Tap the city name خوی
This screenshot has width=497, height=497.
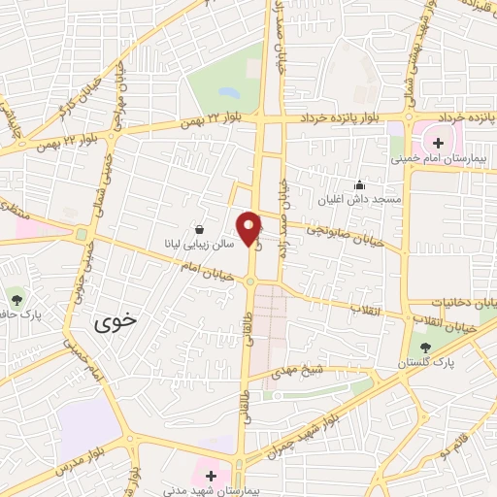(x=116, y=326)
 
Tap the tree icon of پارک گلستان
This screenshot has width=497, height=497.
(x=425, y=347)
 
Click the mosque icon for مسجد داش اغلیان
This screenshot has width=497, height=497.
(x=360, y=185)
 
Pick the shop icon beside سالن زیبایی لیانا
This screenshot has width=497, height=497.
(x=199, y=230)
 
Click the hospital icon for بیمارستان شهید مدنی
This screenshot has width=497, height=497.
(x=212, y=475)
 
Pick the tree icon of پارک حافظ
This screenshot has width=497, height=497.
(x=16, y=294)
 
